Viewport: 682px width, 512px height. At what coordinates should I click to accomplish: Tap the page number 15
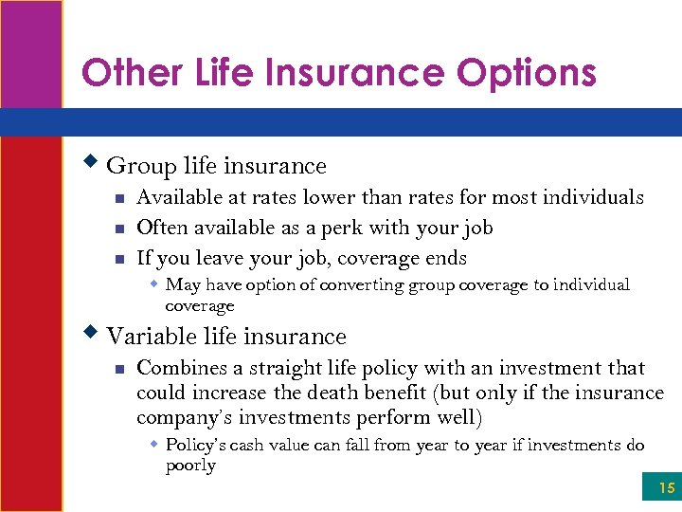click(x=667, y=488)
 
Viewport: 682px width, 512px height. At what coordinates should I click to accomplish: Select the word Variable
click(x=147, y=337)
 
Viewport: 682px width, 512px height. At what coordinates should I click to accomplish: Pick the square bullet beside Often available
click(x=118, y=229)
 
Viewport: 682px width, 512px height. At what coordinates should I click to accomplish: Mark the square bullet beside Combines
click(x=118, y=369)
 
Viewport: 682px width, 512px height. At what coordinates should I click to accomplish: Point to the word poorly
click(x=190, y=466)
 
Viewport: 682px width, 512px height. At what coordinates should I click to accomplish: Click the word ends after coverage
click(x=445, y=258)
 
